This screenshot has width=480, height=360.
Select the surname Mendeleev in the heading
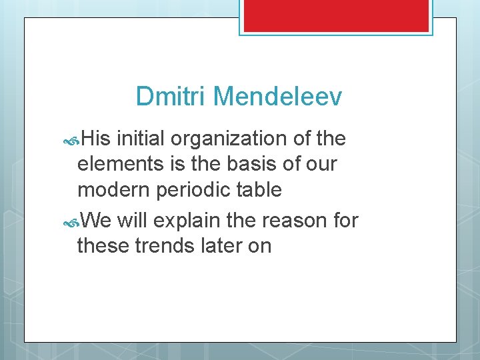coord(278,97)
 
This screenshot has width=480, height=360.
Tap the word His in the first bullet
coord(97,139)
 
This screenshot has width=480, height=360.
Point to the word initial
coord(141,139)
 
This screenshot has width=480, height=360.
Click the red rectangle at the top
coord(335,15)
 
